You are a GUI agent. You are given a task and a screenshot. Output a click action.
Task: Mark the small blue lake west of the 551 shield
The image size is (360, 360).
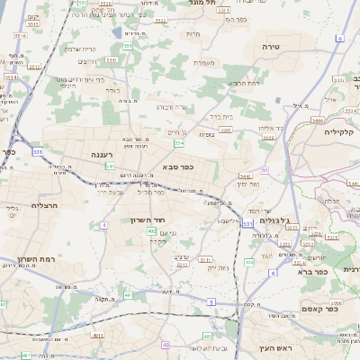[117, 32]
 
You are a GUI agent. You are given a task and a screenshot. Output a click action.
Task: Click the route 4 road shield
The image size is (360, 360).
[104, 226]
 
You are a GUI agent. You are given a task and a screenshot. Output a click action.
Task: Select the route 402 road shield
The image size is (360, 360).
[152, 231]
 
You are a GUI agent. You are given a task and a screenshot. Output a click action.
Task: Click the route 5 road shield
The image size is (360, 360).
[210, 302]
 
